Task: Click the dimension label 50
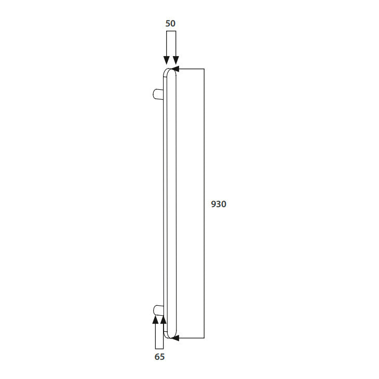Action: [170, 23]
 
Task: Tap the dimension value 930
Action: [219, 204]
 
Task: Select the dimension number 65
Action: [159, 357]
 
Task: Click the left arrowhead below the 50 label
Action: [166, 60]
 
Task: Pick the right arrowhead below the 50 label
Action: [176, 60]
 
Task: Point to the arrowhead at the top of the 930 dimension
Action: [174, 69]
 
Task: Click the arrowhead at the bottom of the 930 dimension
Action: [175, 338]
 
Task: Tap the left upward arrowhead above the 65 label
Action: [155, 319]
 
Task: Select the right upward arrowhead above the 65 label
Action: [164, 319]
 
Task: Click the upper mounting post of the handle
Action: [158, 94]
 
